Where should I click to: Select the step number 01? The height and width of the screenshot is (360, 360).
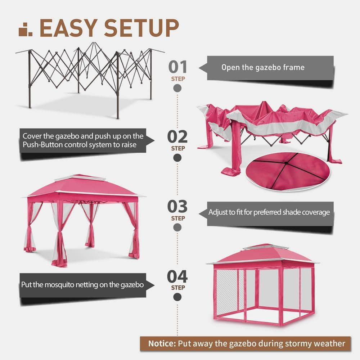(x=178, y=67)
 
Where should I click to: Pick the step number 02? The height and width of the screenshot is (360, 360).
(x=178, y=137)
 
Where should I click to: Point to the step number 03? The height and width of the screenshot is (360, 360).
(x=178, y=207)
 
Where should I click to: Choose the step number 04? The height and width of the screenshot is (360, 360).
(x=177, y=276)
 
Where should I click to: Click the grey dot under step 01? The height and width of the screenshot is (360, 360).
(x=177, y=88)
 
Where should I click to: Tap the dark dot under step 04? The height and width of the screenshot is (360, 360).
(x=177, y=297)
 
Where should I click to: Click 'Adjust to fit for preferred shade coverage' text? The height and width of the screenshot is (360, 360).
(x=269, y=212)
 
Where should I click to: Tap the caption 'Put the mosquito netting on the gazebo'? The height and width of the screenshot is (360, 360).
(x=82, y=284)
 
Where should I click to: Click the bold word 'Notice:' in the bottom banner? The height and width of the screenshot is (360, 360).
(x=161, y=343)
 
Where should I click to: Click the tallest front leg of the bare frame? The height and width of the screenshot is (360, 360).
(x=117, y=86)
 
